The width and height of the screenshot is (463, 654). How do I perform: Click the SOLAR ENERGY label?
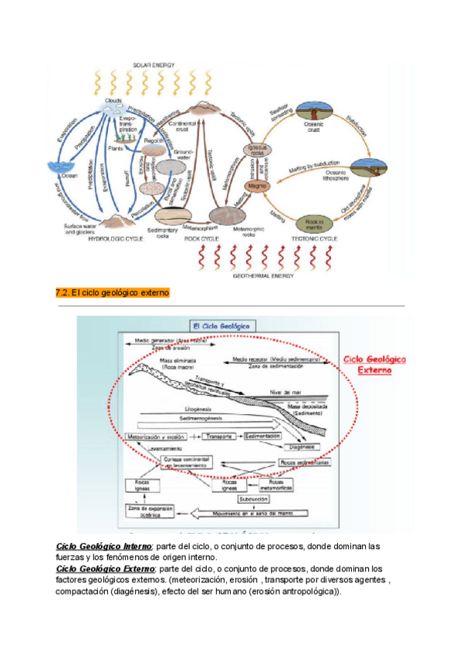click(x=154, y=65)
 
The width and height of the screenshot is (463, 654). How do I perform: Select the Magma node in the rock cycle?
click(x=257, y=185)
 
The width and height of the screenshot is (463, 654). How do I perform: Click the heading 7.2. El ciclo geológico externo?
click(x=113, y=293)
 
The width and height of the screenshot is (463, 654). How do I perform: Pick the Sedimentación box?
click(x=262, y=437)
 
